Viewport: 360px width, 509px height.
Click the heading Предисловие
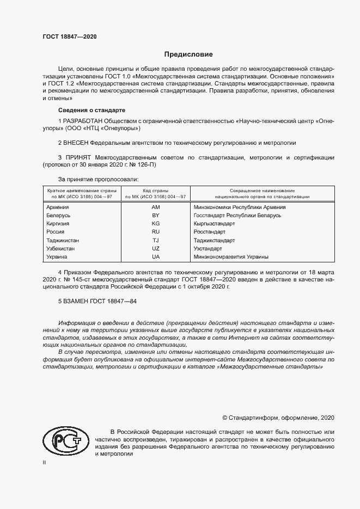[188, 54]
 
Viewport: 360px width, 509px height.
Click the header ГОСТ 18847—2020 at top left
[70, 36]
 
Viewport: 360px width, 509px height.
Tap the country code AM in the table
[156, 207]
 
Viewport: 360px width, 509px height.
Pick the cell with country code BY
[156, 216]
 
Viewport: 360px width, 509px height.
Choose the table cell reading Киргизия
[58, 224]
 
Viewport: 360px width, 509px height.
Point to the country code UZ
[156, 248]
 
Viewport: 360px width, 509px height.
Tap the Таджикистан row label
[63, 240]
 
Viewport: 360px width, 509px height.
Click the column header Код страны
[156, 191]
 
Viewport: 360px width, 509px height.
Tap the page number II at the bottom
[44, 462]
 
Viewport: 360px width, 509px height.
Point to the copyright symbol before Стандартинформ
[225, 418]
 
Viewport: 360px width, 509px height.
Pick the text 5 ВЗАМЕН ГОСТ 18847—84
[97, 301]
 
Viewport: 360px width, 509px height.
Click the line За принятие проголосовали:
[98, 178]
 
